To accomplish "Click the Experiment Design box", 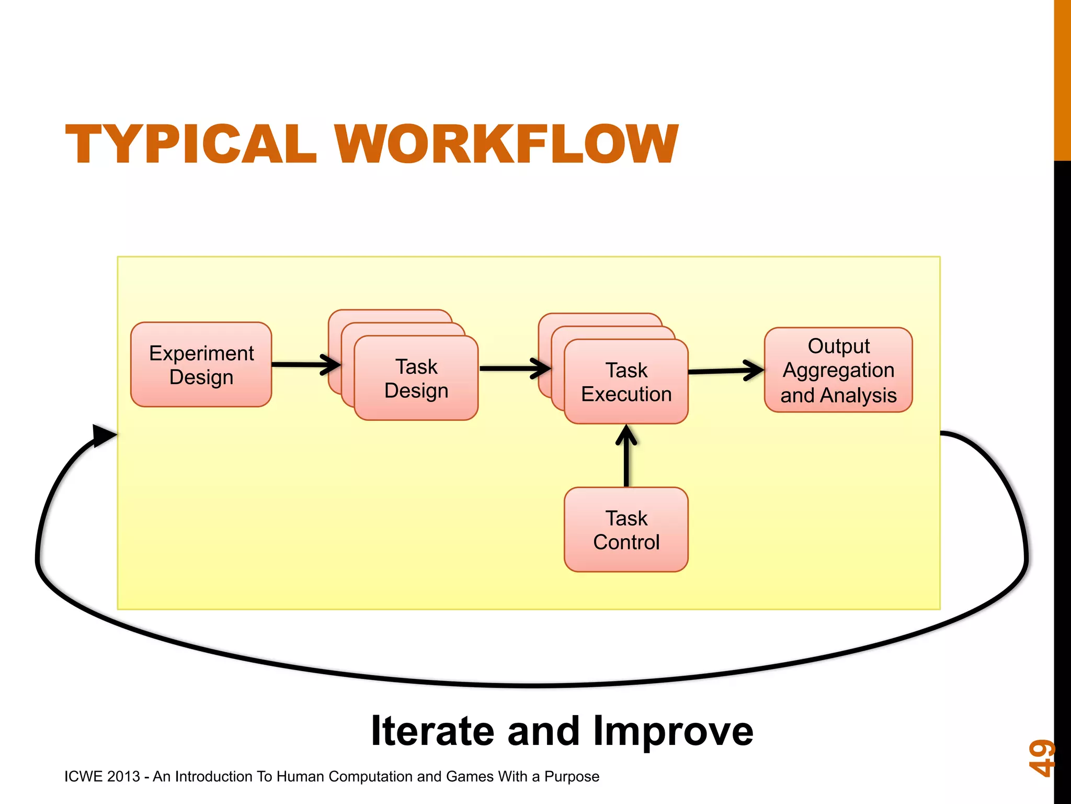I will coord(201,365).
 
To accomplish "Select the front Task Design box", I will coord(416,378).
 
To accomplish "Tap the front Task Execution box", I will coord(626,382).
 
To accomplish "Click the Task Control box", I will coord(626,530).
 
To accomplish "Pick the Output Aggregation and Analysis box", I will coord(838,370).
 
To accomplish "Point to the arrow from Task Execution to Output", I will coord(725,371).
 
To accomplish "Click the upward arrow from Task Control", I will coord(626,455).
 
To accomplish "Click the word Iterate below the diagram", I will coord(432,731).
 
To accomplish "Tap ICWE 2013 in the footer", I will coord(102,776).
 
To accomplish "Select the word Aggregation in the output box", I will coord(838,370).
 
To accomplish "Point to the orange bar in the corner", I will coord(1062,79).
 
